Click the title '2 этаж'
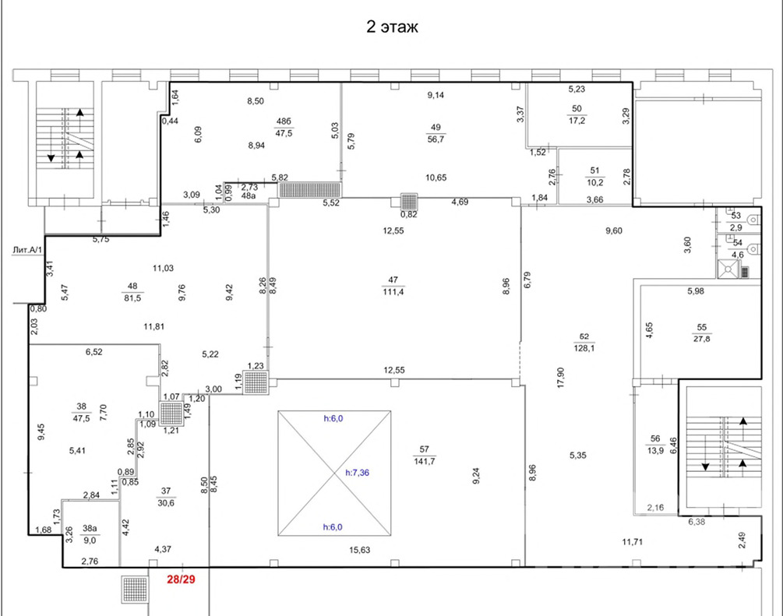coord(392,26)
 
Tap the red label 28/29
coord(181,579)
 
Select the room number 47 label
coord(393,280)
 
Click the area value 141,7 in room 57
coord(425,461)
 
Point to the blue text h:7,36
coord(358,472)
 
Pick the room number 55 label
coord(702,327)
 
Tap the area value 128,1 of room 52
coord(584,348)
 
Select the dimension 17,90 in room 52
coord(560,378)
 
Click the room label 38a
coord(90,528)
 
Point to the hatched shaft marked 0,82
coord(409,202)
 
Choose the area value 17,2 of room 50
coord(577,120)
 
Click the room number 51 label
coord(594,171)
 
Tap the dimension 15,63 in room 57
coord(359,550)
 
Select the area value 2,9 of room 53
coord(736,227)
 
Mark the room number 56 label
coord(655,438)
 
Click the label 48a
coord(249,195)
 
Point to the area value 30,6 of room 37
coord(166,503)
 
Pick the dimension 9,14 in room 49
coord(436,95)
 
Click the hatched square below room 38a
coord(135,589)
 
